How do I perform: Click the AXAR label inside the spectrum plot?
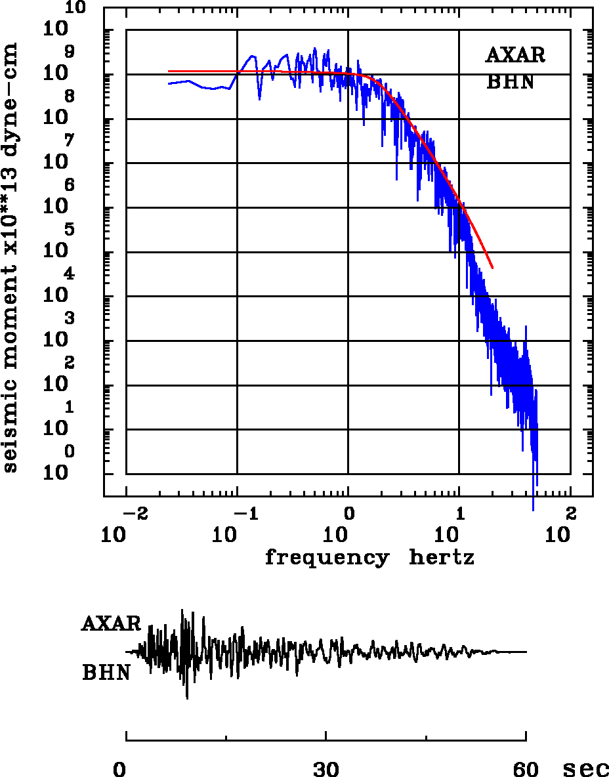(515, 55)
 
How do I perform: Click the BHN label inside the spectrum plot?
(510, 82)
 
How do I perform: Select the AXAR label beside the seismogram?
(111, 623)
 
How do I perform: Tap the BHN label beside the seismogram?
(106, 673)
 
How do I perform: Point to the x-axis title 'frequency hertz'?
(369, 558)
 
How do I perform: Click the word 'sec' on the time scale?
(585, 768)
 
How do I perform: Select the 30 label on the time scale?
(326, 769)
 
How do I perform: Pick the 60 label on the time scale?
(526, 769)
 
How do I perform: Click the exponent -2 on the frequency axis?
(134, 513)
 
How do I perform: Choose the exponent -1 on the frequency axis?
(245, 513)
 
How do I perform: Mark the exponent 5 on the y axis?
(70, 230)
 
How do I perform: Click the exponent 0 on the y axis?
(70, 452)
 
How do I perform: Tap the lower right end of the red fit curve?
(492, 268)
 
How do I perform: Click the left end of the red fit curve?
(169, 71)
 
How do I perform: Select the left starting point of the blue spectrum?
(169, 83)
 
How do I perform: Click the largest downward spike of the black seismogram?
(187, 698)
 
